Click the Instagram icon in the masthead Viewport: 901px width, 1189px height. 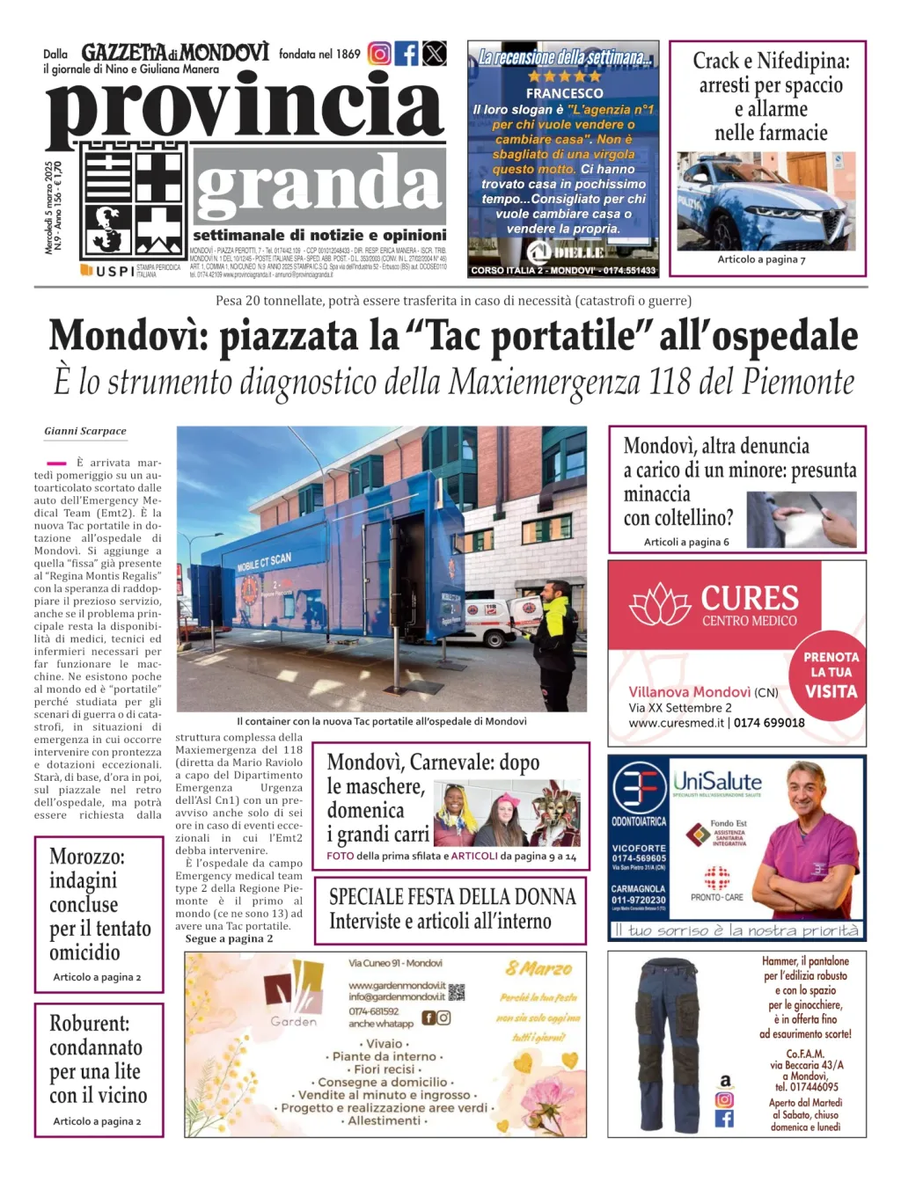click(379, 54)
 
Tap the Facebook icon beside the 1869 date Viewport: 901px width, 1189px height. click(407, 54)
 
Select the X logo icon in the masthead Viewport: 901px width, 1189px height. click(435, 54)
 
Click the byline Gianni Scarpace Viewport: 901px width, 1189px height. click(85, 431)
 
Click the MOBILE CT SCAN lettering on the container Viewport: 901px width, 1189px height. click(264, 562)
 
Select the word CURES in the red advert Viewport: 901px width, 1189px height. click(750, 599)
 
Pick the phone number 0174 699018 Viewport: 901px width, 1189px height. click(769, 723)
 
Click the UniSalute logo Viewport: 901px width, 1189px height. click(717, 781)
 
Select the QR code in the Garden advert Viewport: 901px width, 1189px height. click(457, 993)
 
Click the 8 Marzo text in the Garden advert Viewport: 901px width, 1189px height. click(538, 969)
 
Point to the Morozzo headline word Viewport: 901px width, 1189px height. click(87, 857)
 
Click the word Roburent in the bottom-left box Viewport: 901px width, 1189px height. click(89, 1024)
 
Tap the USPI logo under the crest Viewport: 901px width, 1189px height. click(107, 271)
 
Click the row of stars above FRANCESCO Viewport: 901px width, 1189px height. click(564, 77)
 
